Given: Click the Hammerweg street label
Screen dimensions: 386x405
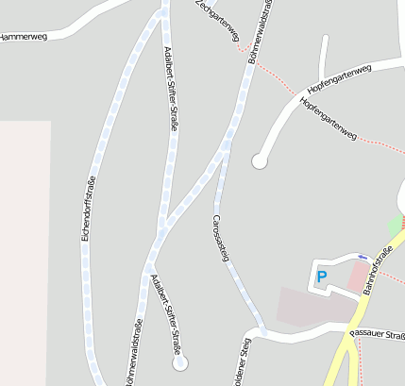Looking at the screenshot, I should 24,36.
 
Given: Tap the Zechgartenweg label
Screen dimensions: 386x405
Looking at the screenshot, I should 217,22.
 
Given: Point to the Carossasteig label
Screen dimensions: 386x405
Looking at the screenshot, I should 220,237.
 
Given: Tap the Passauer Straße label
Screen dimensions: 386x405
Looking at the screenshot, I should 377,333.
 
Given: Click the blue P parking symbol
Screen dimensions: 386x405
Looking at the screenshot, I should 321,277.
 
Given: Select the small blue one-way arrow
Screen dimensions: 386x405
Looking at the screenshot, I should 363,256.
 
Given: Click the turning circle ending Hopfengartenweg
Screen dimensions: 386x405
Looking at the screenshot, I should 259,161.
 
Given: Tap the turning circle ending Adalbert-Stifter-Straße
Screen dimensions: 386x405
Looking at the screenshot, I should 179,361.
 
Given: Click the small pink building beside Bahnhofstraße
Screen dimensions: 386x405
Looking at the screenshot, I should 359,277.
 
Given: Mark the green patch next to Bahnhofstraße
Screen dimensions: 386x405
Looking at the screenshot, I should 395,227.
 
